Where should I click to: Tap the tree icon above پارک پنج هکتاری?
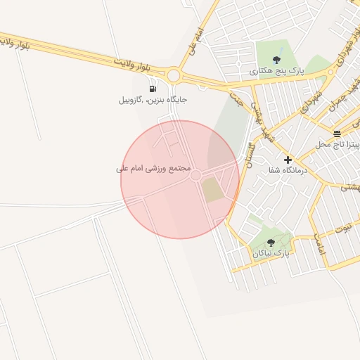[x=275, y=60]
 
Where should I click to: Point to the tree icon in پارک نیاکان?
[x=271, y=242]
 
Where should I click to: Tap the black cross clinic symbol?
[x=287, y=160]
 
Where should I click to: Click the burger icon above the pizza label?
[x=337, y=133]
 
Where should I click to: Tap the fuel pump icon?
[x=153, y=89]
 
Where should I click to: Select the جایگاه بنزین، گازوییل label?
[x=153, y=100]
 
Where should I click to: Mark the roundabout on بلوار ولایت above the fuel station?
[x=173, y=75]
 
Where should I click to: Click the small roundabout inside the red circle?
[x=196, y=175]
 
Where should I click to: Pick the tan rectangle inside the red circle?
[x=212, y=190]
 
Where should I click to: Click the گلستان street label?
[x=249, y=149]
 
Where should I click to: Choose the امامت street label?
[x=321, y=243]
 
